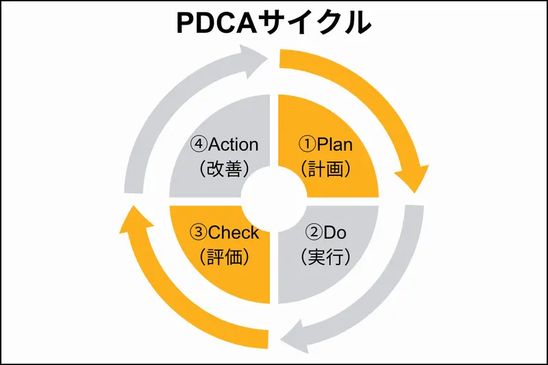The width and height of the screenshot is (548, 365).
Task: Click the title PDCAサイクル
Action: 274,22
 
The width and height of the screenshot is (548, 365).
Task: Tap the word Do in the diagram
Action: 335,233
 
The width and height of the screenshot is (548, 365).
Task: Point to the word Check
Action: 234,233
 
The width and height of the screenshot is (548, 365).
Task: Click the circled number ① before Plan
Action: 308,144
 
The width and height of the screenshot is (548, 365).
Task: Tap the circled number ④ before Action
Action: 199,144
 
